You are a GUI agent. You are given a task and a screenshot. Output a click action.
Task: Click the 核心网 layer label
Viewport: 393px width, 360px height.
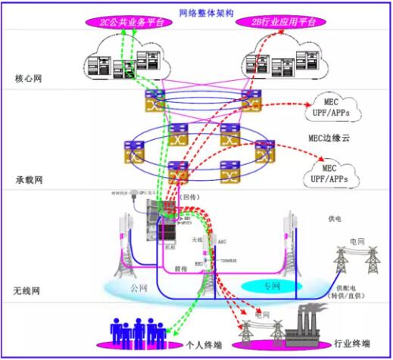point(30,78)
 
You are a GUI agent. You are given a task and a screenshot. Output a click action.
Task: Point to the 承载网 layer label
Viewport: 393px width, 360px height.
point(30,181)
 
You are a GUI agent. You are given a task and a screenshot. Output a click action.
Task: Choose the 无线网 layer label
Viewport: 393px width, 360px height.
point(30,290)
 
